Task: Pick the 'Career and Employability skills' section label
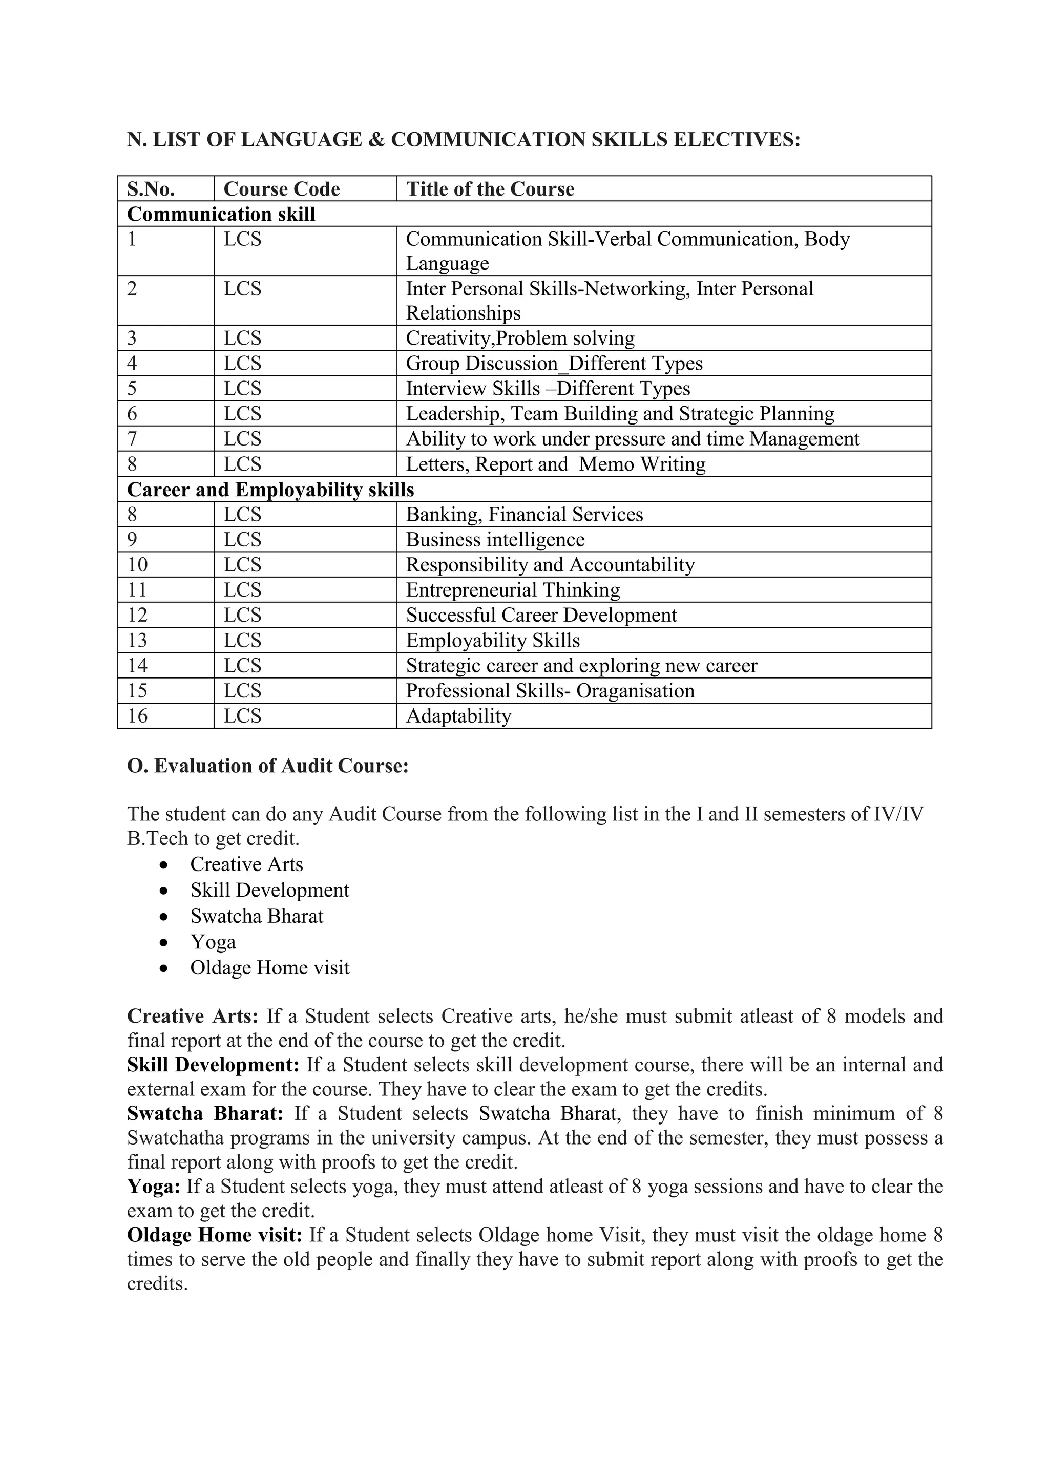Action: click(270, 490)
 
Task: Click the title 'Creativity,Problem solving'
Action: click(520, 338)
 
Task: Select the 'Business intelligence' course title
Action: click(495, 539)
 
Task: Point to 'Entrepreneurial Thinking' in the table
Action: click(513, 590)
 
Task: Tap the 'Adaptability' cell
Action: click(458, 716)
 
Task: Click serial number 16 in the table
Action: click(137, 716)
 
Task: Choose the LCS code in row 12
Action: click(242, 615)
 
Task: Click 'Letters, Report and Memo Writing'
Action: click(556, 464)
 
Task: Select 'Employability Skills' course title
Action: click(493, 640)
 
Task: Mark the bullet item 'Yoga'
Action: click(213, 942)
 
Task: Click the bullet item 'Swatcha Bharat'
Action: click(257, 916)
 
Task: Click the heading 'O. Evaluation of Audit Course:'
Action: click(268, 766)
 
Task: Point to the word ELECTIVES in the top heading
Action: click(737, 139)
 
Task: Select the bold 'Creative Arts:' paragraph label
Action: click(193, 1016)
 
